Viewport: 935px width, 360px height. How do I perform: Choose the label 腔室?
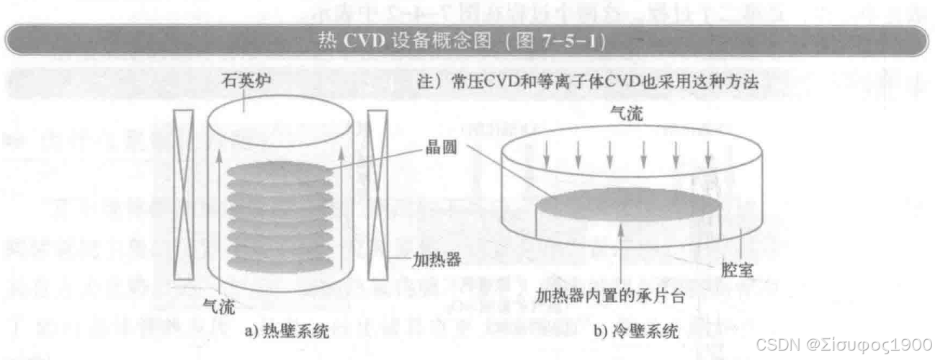click(x=737, y=271)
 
